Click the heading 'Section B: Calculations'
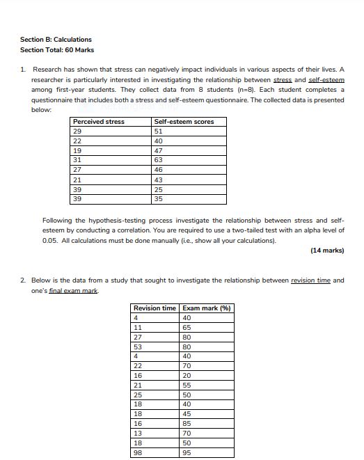pyautogui.click(x=56, y=40)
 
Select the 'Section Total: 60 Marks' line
pyautogui.click(x=57, y=50)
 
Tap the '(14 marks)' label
pyautogui.click(x=327, y=251)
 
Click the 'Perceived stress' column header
pyautogui.click(x=99, y=122)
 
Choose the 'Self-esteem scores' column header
pyautogui.click(x=184, y=122)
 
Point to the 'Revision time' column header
pyautogui.click(x=155, y=308)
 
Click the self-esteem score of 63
pyautogui.click(x=159, y=160)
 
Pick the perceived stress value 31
pyautogui.click(x=77, y=160)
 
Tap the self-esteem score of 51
pyautogui.click(x=159, y=132)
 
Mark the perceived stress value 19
pyautogui.click(x=77, y=150)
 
